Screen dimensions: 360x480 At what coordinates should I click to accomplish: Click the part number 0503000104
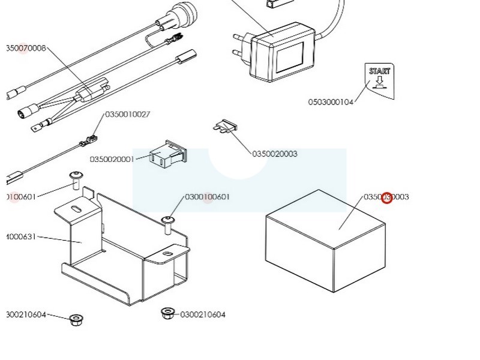click(x=331, y=102)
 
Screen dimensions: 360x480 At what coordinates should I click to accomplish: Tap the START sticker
click(x=379, y=80)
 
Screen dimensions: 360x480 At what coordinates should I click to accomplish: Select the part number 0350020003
click(x=274, y=154)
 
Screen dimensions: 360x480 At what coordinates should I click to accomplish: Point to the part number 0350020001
click(x=112, y=160)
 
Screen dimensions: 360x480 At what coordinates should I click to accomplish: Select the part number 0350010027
click(x=128, y=114)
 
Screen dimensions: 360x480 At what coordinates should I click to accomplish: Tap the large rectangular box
click(x=324, y=240)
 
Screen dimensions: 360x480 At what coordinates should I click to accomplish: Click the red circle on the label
click(x=387, y=197)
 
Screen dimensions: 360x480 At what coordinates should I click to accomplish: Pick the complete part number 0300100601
click(x=207, y=197)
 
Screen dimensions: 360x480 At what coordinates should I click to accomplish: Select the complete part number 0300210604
click(x=203, y=314)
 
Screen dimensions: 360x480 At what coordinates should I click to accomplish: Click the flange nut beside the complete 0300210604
click(x=167, y=313)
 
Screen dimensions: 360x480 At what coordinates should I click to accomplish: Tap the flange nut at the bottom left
click(x=75, y=319)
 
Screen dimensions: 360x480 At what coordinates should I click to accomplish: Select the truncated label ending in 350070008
click(x=26, y=48)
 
